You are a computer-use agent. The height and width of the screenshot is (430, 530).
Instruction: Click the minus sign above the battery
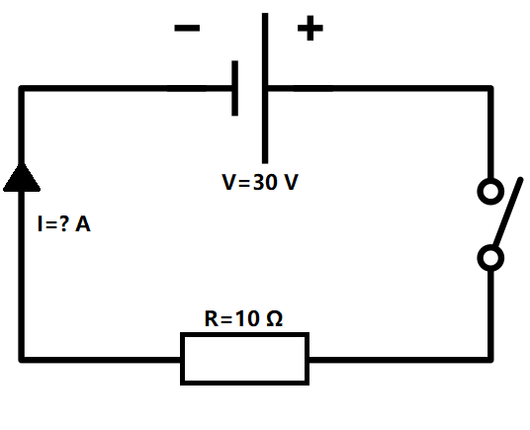tap(186, 28)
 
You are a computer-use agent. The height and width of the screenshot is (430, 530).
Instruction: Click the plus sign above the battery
tap(309, 28)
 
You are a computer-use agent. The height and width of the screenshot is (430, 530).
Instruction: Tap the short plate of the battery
tap(235, 89)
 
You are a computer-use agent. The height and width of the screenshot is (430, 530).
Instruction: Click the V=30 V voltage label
tap(259, 183)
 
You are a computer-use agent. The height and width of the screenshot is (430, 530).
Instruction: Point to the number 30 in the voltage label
tap(265, 183)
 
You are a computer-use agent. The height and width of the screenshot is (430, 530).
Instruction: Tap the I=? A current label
tap(63, 225)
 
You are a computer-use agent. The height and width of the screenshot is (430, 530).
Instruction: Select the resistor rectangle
tap(244, 358)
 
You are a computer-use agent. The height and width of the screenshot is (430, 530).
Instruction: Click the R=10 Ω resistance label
tap(243, 319)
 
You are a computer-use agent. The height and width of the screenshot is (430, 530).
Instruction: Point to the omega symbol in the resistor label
tap(275, 319)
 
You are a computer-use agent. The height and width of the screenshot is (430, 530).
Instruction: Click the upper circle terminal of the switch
tap(489, 190)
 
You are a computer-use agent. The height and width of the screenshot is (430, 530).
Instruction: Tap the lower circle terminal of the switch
tap(489, 258)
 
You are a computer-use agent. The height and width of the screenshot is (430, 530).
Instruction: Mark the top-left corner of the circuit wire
tap(21, 89)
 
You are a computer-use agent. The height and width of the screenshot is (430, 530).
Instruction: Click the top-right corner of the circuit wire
tap(489, 89)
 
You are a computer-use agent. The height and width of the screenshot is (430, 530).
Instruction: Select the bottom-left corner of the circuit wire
tap(21, 358)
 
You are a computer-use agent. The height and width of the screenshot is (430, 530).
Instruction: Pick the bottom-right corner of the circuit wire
tap(489, 358)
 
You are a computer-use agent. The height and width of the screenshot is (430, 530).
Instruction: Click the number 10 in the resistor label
tap(248, 319)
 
